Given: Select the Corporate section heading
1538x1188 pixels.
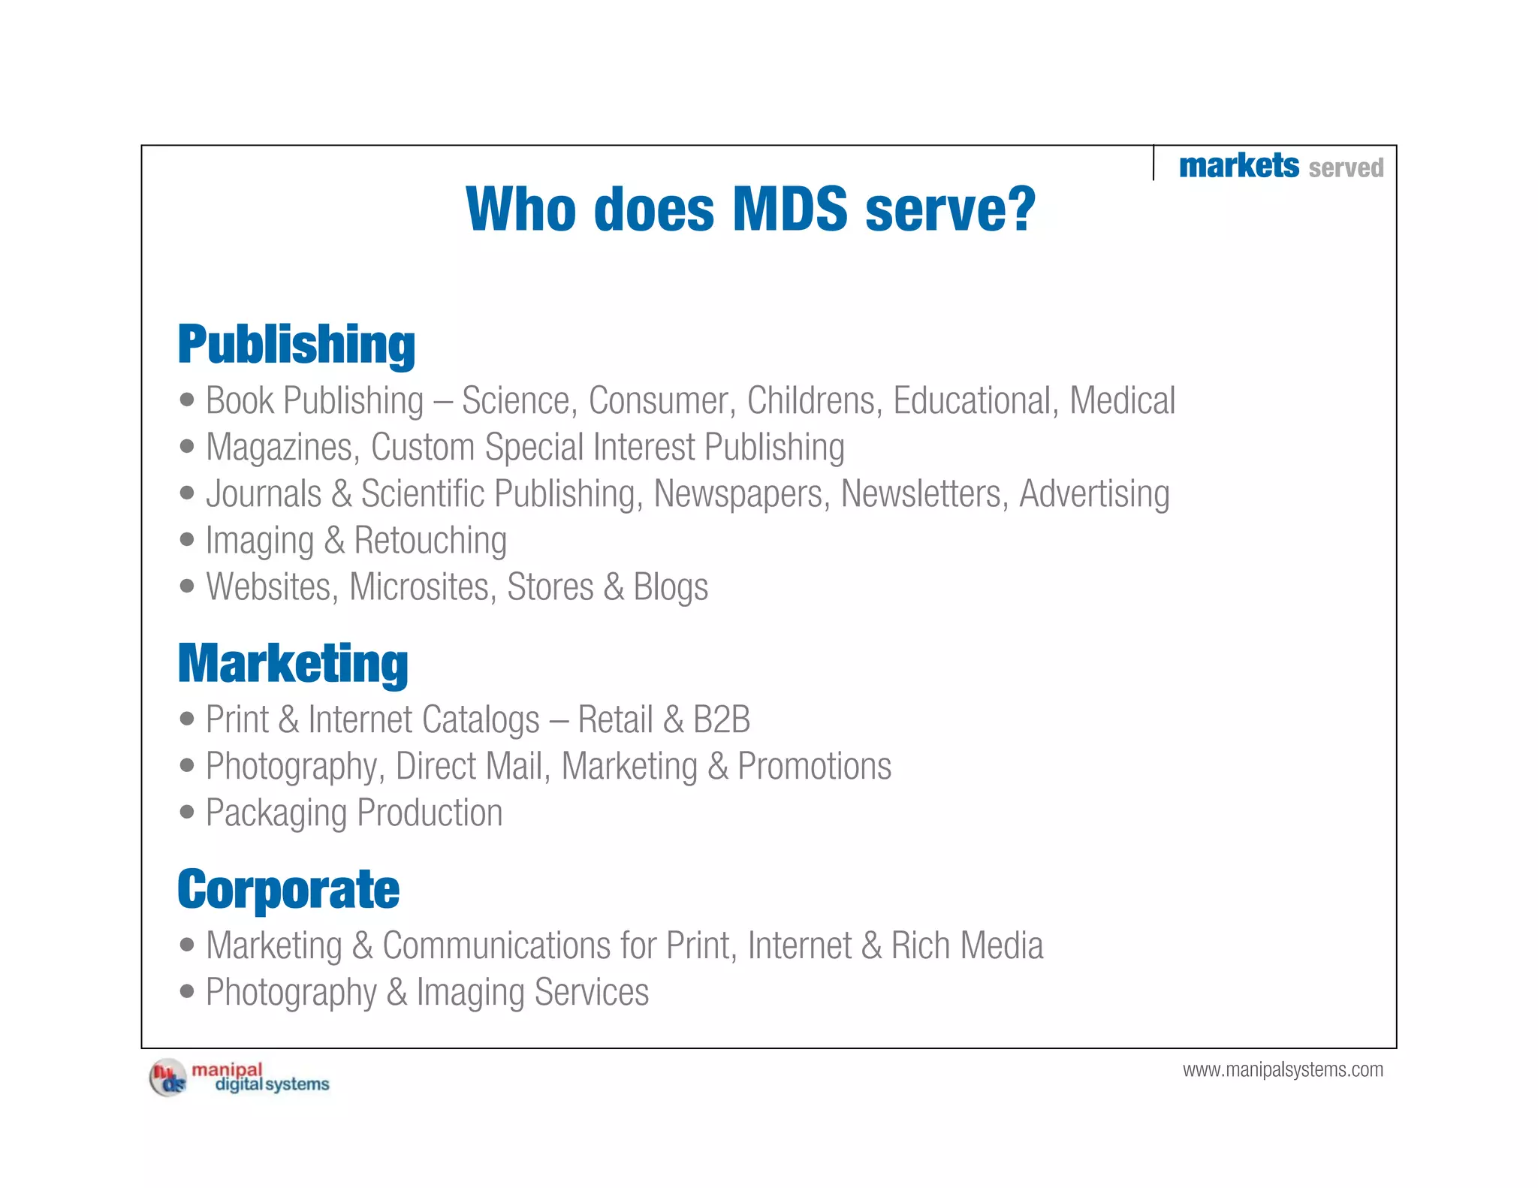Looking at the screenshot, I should (x=288, y=889).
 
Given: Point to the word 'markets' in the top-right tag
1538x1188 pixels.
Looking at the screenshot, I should (x=1238, y=165).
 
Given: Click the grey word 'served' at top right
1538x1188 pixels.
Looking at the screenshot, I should (x=1346, y=167).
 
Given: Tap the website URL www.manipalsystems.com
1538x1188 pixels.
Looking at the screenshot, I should (x=1283, y=1069).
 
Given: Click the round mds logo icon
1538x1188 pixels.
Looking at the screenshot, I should (x=167, y=1078).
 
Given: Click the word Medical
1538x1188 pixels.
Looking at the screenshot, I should (x=1122, y=400).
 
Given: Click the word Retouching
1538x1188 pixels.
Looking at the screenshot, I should (x=430, y=541).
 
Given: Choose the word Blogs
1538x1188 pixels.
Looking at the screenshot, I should (x=670, y=587).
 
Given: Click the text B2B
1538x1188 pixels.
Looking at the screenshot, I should (x=721, y=719).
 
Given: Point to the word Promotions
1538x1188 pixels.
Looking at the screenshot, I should (x=814, y=766).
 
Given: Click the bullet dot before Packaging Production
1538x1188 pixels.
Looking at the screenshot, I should (x=187, y=812).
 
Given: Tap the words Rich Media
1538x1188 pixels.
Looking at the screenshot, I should (x=967, y=945).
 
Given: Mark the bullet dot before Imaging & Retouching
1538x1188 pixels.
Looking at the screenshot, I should (x=187, y=539).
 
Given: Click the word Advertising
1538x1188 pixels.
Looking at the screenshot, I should (x=1094, y=494).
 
